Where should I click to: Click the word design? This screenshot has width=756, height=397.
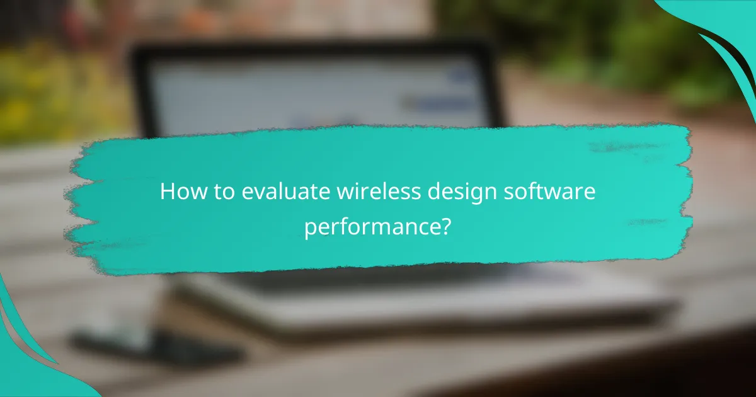tap(425, 192)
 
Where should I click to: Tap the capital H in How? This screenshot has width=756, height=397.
tap(166, 192)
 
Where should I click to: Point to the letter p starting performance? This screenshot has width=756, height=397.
tap(309, 229)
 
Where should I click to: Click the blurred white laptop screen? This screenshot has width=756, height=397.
tap(265, 95)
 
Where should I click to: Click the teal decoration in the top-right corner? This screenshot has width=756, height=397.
tap(724, 25)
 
